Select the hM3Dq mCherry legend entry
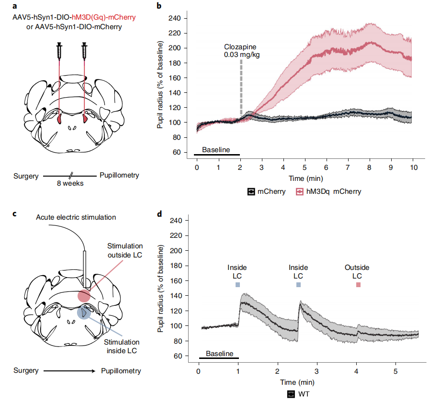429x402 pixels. pos(329,191)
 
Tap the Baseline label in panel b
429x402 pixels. pos(215,150)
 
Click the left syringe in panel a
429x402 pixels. pos(59,51)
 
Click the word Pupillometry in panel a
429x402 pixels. pos(119,175)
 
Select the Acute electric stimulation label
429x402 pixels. pos(76,217)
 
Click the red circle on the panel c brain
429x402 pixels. pos(84,296)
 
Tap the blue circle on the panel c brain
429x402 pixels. pos(84,313)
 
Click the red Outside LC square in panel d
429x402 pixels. pos(358,285)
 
